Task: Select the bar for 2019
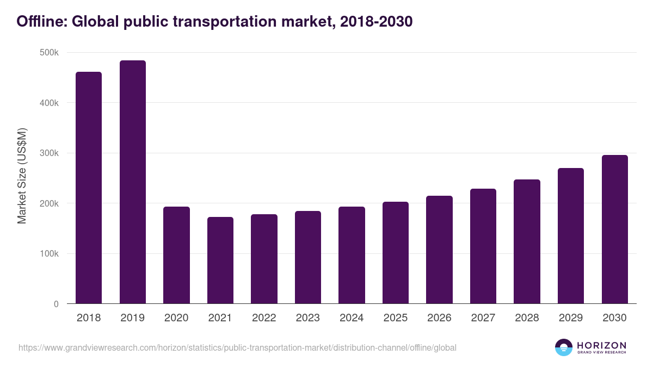click(133, 182)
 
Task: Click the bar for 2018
click(89, 188)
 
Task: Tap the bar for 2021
click(220, 260)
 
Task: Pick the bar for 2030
click(615, 229)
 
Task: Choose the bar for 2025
click(396, 253)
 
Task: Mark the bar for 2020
click(176, 255)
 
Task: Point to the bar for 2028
click(527, 241)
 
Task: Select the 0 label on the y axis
click(56, 304)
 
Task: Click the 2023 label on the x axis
click(308, 318)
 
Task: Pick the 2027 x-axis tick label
click(483, 318)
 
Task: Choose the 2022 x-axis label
click(264, 318)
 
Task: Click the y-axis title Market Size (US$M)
click(22, 176)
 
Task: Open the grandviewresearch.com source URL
click(237, 347)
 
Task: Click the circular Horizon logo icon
click(564, 347)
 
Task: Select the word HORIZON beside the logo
click(601, 345)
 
